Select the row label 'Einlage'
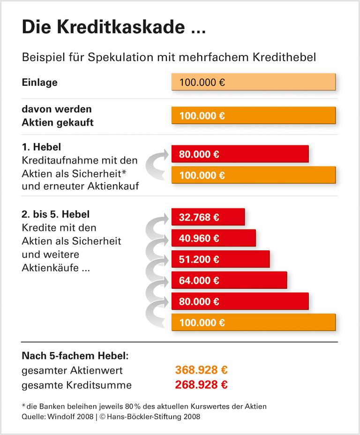tap(40, 82)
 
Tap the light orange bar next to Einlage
tap(253, 82)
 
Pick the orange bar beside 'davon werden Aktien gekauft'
tap(253, 115)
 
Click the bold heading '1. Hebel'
tap(41, 147)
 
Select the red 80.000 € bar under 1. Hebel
tap(240, 154)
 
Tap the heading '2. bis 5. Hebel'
tap(56, 214)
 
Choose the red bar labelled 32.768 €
tap(208, 217)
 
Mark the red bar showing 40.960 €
tap(213, 238)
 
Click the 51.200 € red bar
tap(220, 259)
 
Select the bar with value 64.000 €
tap(229, 280)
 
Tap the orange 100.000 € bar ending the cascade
tap(253, 322)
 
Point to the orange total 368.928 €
tap(202, 370)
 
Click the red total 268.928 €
tap(202, 385)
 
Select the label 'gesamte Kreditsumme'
tap(76, 385)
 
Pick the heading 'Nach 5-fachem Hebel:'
tap(75, 355)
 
